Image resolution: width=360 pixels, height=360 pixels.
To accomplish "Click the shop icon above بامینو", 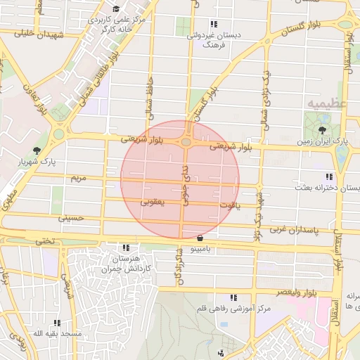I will pyautogui.click(x=202, y=238).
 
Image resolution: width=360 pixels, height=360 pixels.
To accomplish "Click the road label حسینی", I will pyautogui.click(x=74, y=219).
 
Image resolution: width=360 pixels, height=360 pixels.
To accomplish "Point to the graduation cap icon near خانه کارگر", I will pyautogui.click(x=115, y=10).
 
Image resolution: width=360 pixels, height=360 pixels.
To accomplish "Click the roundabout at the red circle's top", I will pyautogui.click(x=186, y=143).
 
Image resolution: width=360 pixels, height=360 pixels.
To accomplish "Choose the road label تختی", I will pyautogui.click(x=44, y=240).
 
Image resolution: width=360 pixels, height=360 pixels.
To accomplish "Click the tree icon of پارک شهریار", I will pyautogui.click(x=37, y=150).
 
